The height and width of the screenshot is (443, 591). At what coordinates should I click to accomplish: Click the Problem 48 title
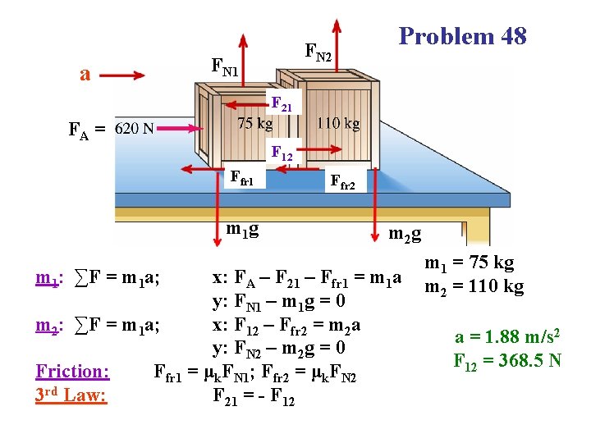coord(462,36)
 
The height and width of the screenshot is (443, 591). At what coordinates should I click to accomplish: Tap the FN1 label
coord(225,66)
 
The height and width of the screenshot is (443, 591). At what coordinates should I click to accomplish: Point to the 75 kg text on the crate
coord(254,124)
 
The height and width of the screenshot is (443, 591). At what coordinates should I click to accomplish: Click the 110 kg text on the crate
coord(338,124)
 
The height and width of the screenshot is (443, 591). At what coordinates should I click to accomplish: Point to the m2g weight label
coord(405,235)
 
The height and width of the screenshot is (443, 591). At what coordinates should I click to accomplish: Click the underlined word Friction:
coord(72,371)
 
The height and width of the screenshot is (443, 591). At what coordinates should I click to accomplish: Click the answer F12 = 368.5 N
coord(507,359)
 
